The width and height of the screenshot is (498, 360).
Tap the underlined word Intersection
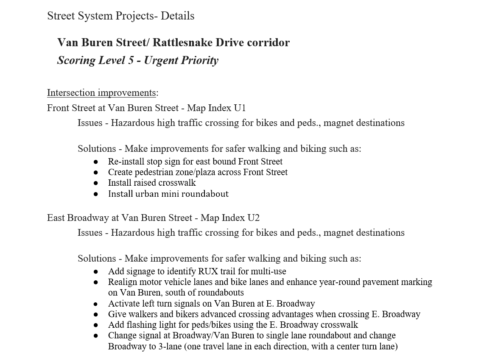72,93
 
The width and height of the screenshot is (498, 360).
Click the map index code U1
240,108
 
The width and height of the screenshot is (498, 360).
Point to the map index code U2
253,218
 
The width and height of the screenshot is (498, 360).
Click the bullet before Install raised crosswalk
96,183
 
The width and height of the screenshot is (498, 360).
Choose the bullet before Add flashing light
96,325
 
